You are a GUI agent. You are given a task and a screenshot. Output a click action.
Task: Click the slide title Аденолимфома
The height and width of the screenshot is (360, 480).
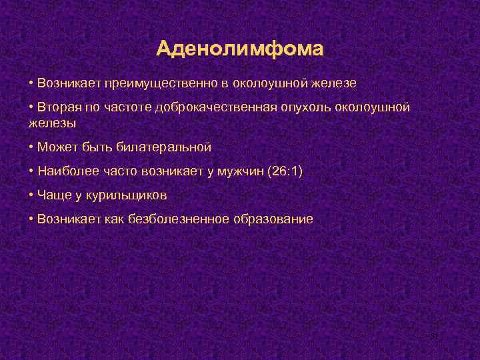click(x=240, y=49)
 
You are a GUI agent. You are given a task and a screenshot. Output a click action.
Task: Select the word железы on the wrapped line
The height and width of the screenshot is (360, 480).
click(x=52, y=123)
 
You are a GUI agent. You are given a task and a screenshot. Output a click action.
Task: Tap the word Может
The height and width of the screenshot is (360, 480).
click(x=56, y=147)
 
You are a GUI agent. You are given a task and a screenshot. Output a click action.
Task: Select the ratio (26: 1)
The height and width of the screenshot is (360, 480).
click(x=285, y=171)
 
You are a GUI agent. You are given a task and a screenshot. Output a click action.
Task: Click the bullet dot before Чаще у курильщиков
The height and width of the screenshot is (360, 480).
click(x=31, y=195)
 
